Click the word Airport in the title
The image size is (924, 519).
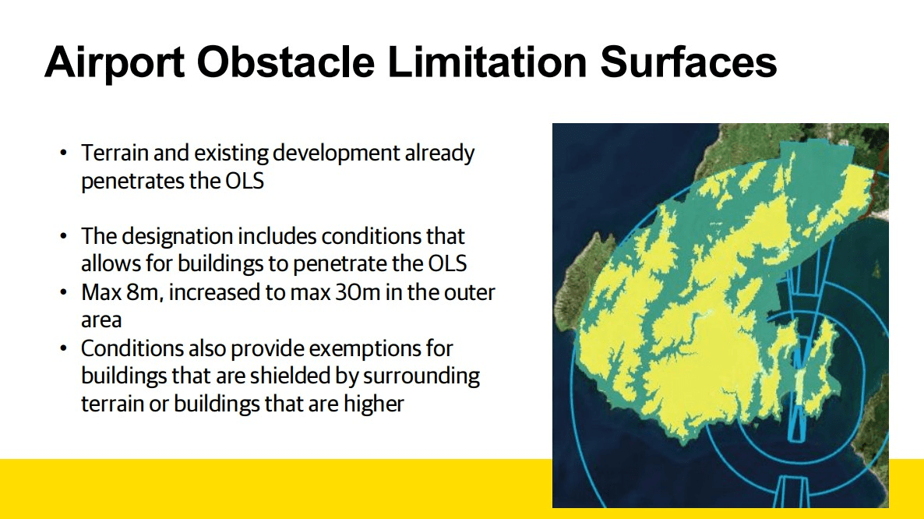tap(115, 62)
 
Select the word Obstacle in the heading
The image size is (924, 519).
tap(285, 62)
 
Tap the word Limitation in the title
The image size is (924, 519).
tap(487, 62)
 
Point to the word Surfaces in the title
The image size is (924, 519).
tap(688, 62)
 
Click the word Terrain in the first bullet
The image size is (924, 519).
tap(115, 153)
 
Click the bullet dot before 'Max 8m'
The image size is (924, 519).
tap(64, 293)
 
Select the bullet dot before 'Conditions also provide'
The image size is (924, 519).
tap(64, 348)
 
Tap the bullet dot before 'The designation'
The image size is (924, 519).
tap(64, 237)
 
